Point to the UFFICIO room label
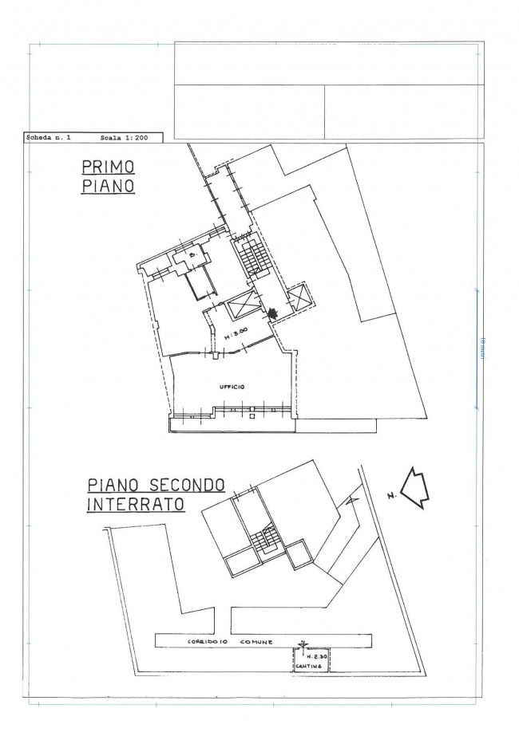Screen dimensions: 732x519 pyautogui.click(x=232, y=387)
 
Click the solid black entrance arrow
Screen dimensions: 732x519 pyautogui.click(x=274, y=313)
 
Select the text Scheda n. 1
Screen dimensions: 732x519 pyautogui.click(x=50, y=138)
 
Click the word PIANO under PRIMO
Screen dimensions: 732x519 pyautogui.click(x=107, y=188)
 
